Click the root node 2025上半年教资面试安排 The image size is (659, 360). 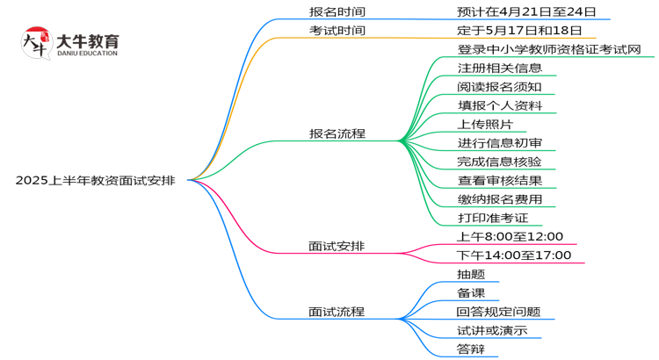[x=95, y=181]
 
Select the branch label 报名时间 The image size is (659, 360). [x=337, y=12]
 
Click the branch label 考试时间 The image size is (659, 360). [x=337, y=31]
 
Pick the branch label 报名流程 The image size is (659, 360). [x=337, y=134]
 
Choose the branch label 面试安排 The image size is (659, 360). [x=337, y=246]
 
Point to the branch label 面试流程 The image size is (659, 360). [x=337, y=312]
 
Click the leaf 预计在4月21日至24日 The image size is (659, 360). [x=527, y=12]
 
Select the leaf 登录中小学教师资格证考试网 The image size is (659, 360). [x=549, y=49]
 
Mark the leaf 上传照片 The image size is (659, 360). [x=487, y=124]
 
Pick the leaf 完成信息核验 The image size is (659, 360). [x=499, y=162]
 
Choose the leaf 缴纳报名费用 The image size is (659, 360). [x=499, y=199]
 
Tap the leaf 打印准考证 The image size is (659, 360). [x=493, y=217]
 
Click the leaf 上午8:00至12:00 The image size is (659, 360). [x=511, y=237]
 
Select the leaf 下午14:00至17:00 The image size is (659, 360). [x=514, y=256]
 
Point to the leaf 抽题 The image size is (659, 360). [x=471, y=274]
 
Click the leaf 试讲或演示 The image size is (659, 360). [x=492, y=331]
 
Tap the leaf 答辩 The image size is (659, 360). [x=471, y=349]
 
